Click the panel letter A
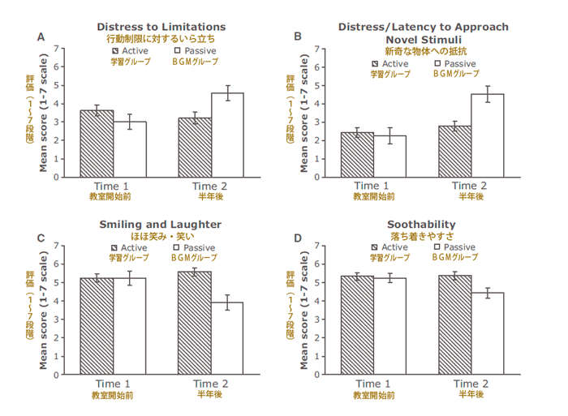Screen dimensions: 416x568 41,36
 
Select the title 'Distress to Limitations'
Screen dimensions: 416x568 161,27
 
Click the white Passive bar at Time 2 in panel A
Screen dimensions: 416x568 227,135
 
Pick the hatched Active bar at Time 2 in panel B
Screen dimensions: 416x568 455,151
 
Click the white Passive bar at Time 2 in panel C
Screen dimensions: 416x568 227,338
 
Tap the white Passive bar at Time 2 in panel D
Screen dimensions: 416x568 488,333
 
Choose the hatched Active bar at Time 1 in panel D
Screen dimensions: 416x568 358,324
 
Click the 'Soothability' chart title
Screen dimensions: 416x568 422,224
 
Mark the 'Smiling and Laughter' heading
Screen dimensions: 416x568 161,224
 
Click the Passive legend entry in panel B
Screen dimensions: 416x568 455,63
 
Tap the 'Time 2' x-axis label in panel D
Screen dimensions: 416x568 471,384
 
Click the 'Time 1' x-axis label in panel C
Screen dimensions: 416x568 113,384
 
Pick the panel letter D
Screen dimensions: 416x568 298,238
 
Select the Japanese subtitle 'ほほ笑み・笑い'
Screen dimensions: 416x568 161,236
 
